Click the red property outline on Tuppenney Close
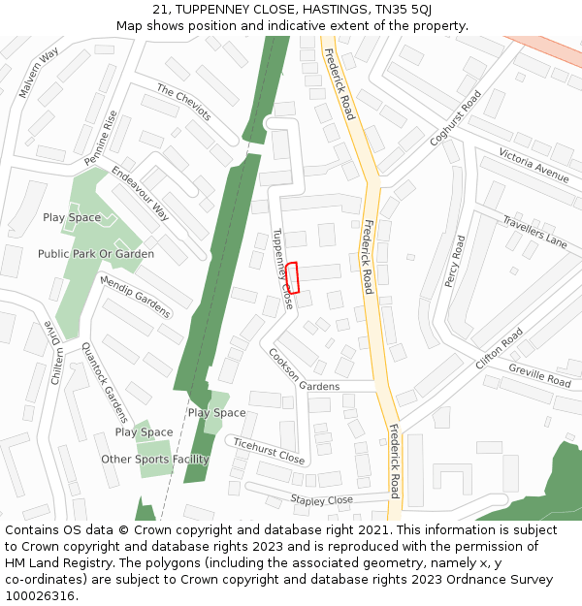292,277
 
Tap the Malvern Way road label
39,73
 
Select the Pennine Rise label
101,138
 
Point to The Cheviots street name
183,103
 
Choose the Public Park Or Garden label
96,254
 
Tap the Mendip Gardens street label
135,297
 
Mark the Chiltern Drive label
55,354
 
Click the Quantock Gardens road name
104,384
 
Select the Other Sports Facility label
155,459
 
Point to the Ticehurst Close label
269,450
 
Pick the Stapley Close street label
322,500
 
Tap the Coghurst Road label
456,118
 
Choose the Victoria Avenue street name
533,165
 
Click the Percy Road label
455,262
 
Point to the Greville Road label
539,375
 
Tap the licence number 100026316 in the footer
40,595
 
